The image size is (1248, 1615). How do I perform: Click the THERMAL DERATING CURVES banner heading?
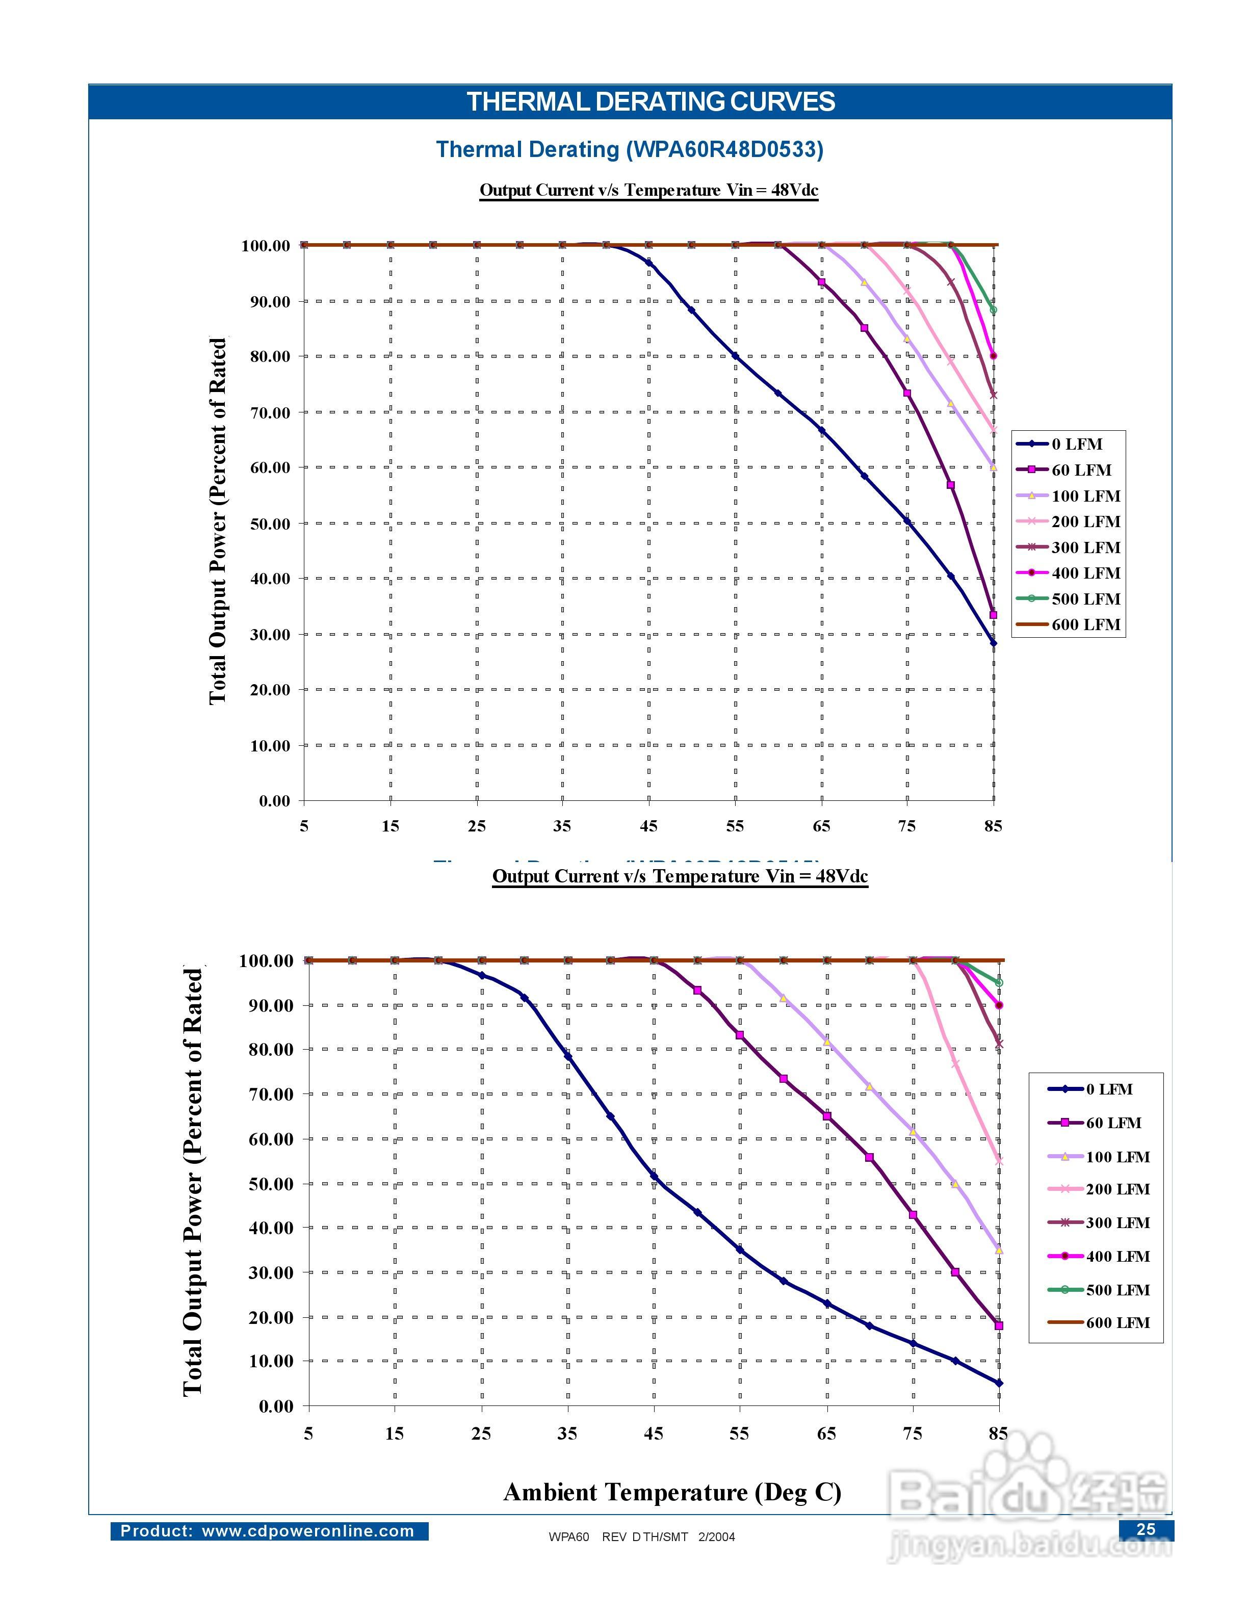click(x=651, y=102)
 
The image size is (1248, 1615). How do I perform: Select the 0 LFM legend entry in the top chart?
click(x=1077, y=445)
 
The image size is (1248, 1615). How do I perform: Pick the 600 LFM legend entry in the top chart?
click(x=1085, y=625)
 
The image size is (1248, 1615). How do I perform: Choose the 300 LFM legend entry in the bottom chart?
click(x=1117, y=1223)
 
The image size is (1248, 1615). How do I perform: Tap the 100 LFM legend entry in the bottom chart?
click(x=1117, y=1157)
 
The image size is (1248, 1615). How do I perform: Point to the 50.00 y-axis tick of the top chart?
click(x=270, y=524)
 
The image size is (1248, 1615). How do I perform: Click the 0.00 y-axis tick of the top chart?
click(x=274, y=801)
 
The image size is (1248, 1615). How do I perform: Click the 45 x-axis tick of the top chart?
click(x=648, y=826)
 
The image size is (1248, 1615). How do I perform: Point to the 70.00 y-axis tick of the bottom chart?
click(x=271, y=1095)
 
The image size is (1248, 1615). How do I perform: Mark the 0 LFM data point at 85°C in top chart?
click(x=993, y=643)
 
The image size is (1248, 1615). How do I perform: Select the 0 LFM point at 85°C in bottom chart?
click(x=999, y=1383)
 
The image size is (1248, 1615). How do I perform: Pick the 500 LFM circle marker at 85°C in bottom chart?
click(x=999, y=983)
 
